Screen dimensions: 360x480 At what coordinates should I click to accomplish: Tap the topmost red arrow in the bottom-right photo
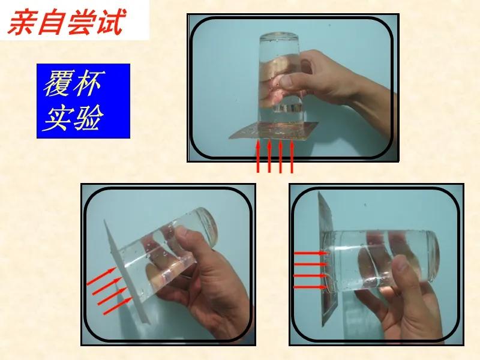[311, 254]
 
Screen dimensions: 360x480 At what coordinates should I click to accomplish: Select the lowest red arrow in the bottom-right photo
[311, 287]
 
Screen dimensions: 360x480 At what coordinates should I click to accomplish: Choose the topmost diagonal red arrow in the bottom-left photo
[101, 278]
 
